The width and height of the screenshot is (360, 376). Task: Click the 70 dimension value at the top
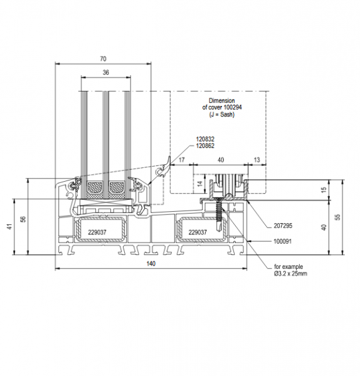coord(103,59)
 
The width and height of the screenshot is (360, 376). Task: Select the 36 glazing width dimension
coord(106,72)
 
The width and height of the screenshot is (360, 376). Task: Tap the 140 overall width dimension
coord(151,264)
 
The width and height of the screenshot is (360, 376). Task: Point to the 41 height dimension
coord(10,227)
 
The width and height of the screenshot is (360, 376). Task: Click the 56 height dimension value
coord(23,219)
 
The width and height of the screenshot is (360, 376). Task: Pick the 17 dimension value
coord(182,160)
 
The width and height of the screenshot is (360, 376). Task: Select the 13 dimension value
coord(257,160)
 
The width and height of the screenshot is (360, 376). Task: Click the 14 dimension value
coord(200,184)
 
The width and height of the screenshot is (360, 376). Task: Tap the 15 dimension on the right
coord(324,190)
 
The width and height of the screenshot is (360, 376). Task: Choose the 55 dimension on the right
coord(337,217)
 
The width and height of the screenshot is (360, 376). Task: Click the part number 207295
coord(283,226)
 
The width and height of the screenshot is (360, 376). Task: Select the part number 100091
coord(283,241)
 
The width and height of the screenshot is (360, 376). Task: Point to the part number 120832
coord(205,139)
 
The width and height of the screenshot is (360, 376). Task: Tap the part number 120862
coord(205,146)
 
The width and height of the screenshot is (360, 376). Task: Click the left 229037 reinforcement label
coord(97,232)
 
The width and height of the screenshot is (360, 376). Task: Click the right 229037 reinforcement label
coord(198,232)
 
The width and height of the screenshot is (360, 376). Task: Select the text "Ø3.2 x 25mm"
coord(290,274)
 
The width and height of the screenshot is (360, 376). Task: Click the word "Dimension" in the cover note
coord(222,100)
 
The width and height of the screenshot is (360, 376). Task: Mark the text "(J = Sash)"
coord(222,115)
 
